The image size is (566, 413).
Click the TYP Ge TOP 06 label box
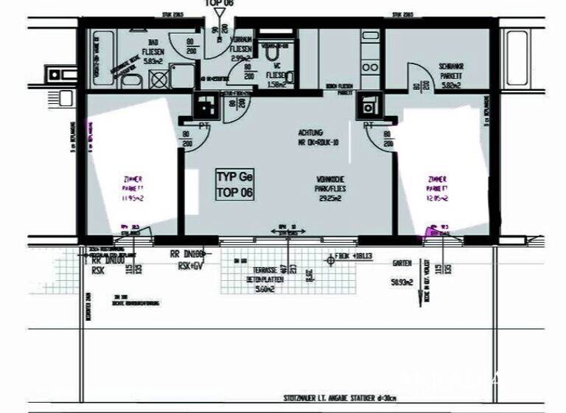pos(234,184)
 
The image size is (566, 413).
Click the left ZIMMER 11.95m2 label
pos(133,187)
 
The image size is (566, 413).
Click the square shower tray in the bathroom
pos(156,80)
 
